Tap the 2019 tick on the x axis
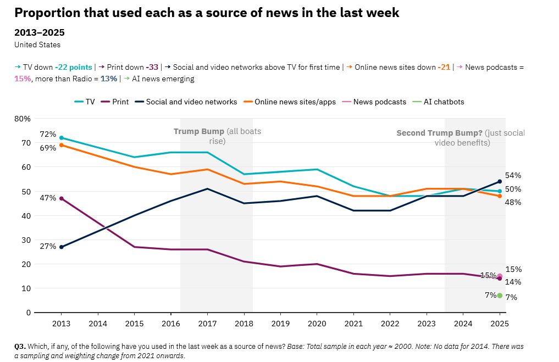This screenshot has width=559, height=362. tap(280, 323)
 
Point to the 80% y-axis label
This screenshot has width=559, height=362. tap(23, 118)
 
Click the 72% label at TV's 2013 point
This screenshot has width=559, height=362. tap(48, 134)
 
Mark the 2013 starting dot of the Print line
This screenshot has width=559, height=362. tap(62, 198)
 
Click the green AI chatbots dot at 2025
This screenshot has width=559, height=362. tap(500, 296)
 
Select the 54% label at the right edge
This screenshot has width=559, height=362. tap(513, 175)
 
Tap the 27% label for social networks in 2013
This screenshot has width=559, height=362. tap(48, 246)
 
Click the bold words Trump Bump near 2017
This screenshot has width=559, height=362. tap(198, 131)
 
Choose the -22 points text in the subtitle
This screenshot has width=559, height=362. tap(74, 67)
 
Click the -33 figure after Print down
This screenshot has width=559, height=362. tap(152, 67)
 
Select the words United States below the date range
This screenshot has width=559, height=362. tap(37, 44)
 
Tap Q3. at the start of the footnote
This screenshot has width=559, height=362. tap(20, 347)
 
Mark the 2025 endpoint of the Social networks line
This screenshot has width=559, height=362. tap(500, 181)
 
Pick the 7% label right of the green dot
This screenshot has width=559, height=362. tap(511, 297)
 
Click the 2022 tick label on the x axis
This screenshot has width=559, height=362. tap(390, 323)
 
